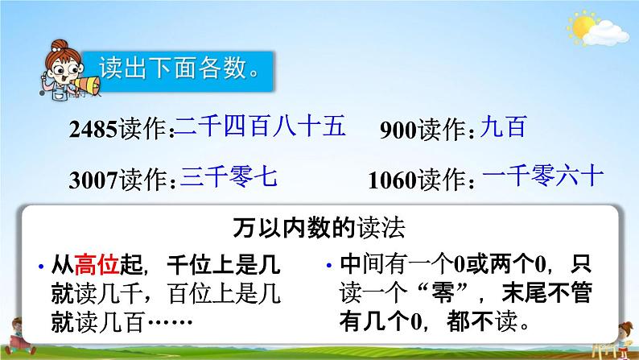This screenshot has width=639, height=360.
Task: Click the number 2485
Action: pyautogui.click(x=93, y=129)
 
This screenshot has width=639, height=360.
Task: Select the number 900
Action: pyautogui.click(x=398, y=130)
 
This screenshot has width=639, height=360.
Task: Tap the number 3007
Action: pyautogui.click(x=93, y=180)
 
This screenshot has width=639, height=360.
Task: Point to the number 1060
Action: pyautogui.click(x=392, y=180)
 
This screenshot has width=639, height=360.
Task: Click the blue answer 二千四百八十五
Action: pyautogui.click(x=261, y=126)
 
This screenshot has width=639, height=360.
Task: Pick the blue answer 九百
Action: pyautogui.click(x=504, y=126)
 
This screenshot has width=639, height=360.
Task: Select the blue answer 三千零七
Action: pyautogui.click(x=229, y=176)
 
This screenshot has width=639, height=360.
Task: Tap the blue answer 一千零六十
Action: pyautogui.click(x=542, y=176)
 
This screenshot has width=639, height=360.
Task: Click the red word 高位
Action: pyautogui.click(x=97, y=265)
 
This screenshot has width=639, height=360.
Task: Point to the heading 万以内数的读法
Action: pyautogui.click(x=319, y=228)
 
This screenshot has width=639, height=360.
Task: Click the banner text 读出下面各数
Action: pyautogui.click(x=178, y=68)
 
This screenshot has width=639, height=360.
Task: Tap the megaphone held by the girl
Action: pyautogui.click(x=87, y=85)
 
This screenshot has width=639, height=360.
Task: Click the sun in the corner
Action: pyautogui.click(x=583, y=26)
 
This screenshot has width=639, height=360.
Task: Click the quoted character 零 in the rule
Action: pyautogui.click(x=443, y=293)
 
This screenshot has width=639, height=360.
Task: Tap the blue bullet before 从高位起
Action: pyautogui.click(x=41, y=267)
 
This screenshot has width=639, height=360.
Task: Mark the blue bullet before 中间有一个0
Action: pyautogui.click(x=329, y=266)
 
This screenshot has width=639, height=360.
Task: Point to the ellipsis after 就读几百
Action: pyautogui.click(x=170, y=322)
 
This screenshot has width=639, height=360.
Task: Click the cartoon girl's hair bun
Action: pyautogui.click(x=60, y=45)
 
